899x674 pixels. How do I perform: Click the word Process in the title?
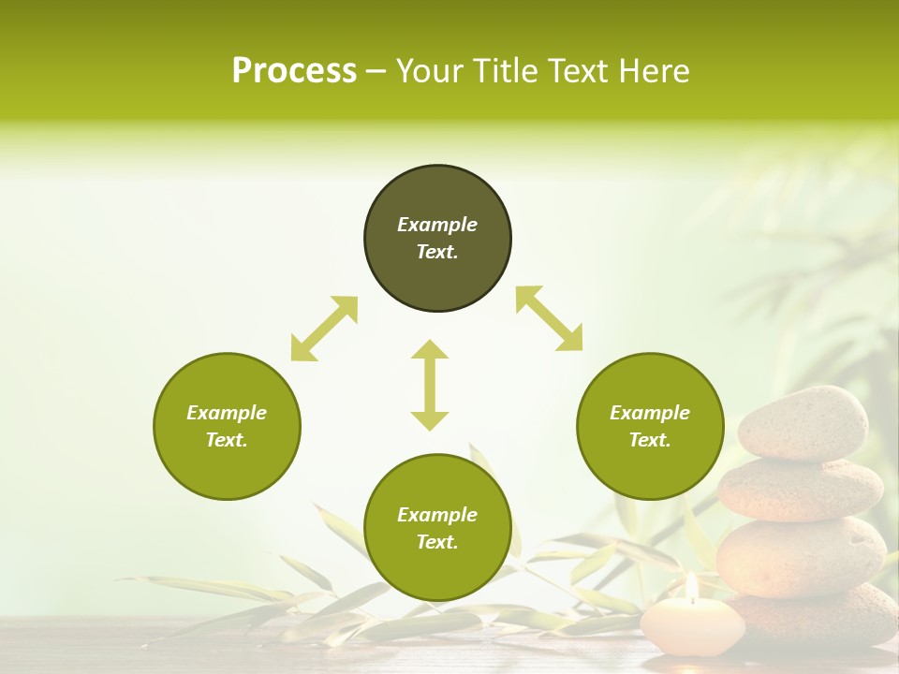tap(294, 71)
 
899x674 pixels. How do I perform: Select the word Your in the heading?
tap(430, 71)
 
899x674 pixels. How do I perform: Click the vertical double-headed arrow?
tap(430, 385)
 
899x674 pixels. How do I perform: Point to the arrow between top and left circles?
tap(324, 329)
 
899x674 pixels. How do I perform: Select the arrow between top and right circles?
tap(549, 319)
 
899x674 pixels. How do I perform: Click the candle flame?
tap(691, 587)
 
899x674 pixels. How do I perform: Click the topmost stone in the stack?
tap(803, 423)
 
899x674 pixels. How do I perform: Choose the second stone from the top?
tap(800, 489)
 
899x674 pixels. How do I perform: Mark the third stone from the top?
tap(801, 556)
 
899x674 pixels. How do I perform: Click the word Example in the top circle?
tap(437, 225)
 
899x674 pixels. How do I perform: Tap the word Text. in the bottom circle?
tap(437, 542)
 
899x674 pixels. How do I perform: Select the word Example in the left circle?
tap(227, 413)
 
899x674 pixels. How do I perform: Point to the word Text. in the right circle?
tap(650, 440)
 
